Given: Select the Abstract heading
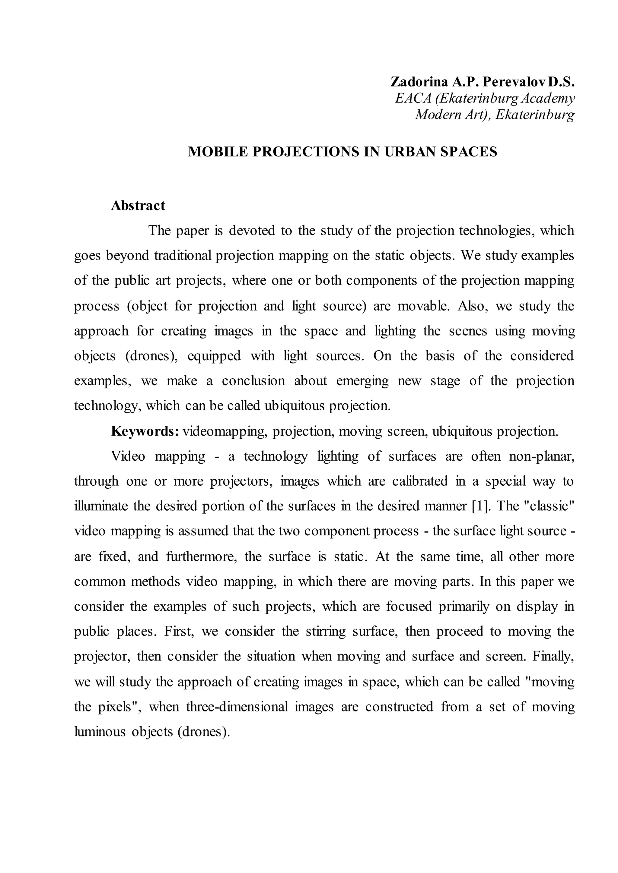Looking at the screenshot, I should pos(138,205).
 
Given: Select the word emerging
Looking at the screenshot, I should pos(363,381).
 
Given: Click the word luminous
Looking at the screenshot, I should pos(100,732).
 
